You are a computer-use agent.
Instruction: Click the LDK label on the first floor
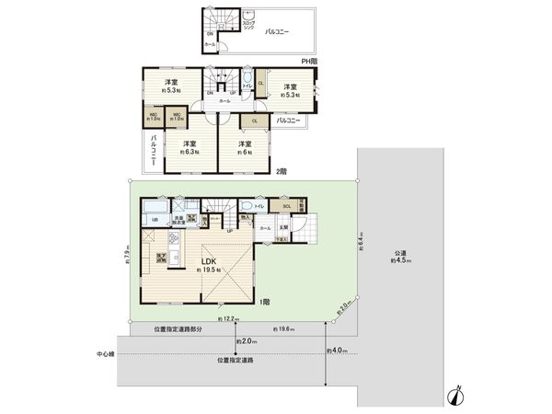point(208,259)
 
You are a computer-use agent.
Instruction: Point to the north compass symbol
point(454,392)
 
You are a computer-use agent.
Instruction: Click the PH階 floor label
point(310,61)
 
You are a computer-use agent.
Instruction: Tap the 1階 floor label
point(264,301)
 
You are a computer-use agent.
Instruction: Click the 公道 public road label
point(398,253)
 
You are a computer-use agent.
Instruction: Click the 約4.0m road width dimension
point(339,350)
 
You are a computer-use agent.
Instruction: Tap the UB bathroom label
point(155,220)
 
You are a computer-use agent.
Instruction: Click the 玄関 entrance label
point(283,227)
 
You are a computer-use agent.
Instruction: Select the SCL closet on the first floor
point(287,206)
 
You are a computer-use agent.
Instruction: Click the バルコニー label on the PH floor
point(276,31)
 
